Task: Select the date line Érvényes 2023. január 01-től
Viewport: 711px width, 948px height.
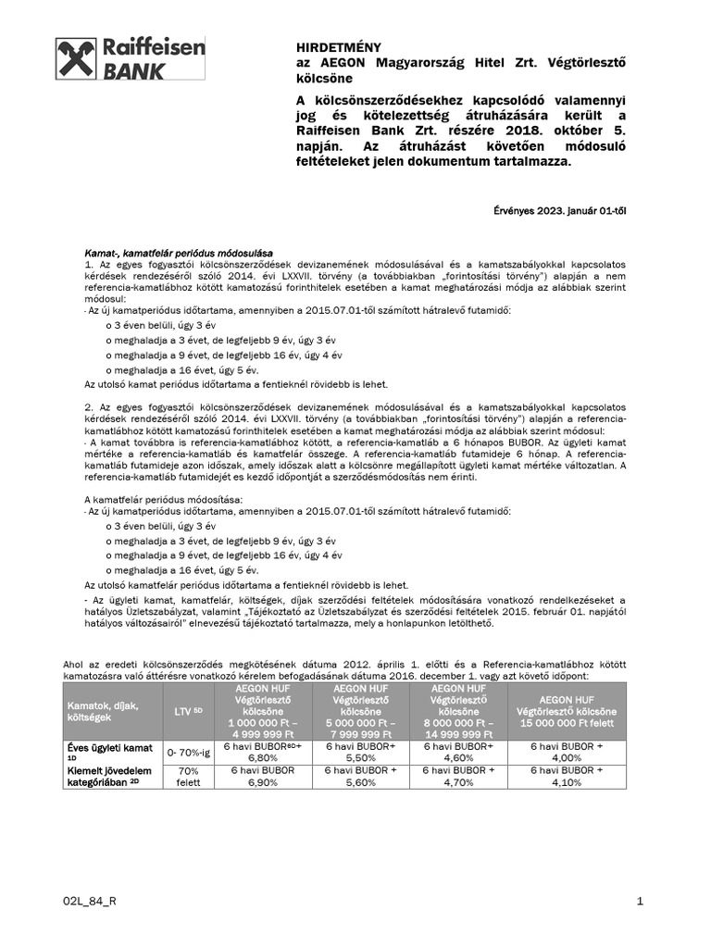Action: click(x=559, y=210)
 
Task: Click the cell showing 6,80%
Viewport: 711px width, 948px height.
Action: click(x=260, y=756)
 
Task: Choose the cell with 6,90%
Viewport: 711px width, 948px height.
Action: click(x=260, y=782)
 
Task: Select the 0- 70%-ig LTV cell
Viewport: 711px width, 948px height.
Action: click(x=188, y=754)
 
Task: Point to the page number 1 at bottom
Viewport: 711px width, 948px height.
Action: click(x=641, y=901)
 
